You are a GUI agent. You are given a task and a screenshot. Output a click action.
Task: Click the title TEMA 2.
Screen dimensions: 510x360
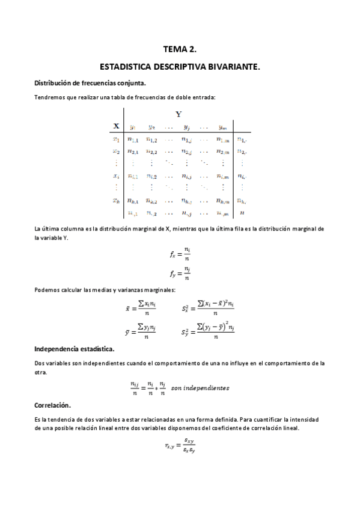tap(180, 52)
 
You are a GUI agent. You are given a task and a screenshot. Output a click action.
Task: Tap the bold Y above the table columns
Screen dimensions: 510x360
tap(178, 114)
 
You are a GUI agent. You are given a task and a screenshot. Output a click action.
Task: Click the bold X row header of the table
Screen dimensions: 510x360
tap(116, 126)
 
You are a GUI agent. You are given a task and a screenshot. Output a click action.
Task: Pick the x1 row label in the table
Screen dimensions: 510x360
tap(116, 139)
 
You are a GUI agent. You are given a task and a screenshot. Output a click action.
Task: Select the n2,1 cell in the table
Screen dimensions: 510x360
tap(133, 152)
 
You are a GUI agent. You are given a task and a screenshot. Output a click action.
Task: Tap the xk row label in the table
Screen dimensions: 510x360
tap(117, 201)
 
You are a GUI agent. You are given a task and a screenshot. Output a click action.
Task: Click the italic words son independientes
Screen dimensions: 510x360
tap(200, 389)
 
